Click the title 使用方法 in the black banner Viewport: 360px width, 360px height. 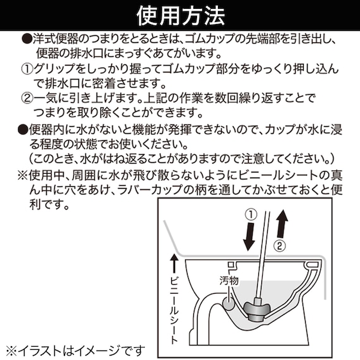point(181,15)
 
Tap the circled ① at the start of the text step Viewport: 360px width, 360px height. point(27,69)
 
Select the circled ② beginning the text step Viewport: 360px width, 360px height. point(27,99)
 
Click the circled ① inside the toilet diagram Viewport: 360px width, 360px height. point(251,215)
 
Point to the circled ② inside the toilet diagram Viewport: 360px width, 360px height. point(279,246)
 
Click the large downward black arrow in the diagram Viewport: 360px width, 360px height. point(249,237)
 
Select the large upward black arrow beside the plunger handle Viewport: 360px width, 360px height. point(282,224)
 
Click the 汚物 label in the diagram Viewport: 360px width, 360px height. point(229,280)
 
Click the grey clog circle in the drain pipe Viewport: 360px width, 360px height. point(229,303)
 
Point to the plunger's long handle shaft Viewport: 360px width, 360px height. point(262,255)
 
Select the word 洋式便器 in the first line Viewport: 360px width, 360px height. point(56,39)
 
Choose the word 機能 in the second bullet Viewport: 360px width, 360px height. point(143,130)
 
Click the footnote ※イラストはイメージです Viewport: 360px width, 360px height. point(76,351)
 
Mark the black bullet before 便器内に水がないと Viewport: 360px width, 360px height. point(23,130)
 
